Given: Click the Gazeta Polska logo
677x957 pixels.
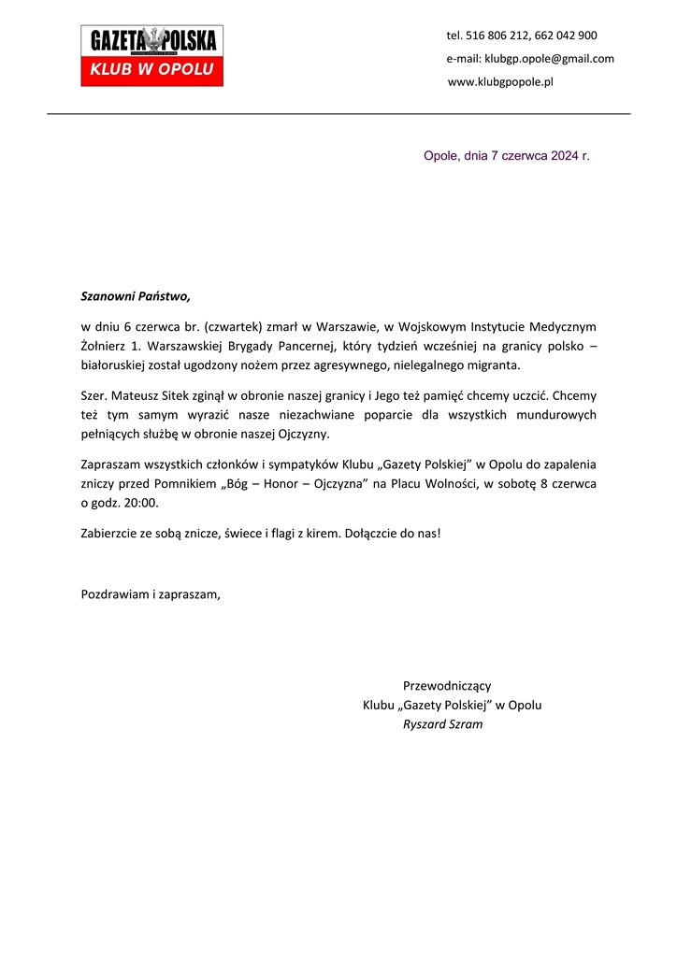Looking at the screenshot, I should (152, 42).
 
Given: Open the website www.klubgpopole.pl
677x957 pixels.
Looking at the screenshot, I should (500, 82).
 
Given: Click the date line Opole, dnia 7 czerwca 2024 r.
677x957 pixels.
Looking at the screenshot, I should (507, 156).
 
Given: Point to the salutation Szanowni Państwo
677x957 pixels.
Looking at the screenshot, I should (136, 297).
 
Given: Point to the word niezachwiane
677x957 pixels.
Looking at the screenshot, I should (332, 414).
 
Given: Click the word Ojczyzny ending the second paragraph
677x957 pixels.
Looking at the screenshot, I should (304, 434).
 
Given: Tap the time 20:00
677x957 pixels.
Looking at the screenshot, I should (140, 503).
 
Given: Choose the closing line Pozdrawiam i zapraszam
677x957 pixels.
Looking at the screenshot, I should (151, 594).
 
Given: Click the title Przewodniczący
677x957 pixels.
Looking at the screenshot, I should (447, 686).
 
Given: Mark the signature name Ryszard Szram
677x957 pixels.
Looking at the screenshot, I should (442, 724).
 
